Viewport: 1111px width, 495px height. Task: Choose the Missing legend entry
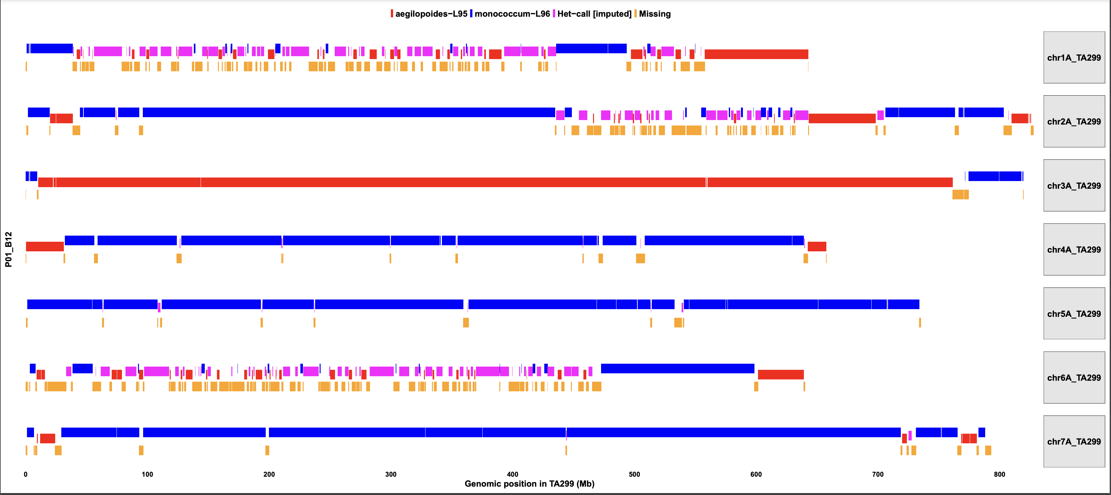point(654,14)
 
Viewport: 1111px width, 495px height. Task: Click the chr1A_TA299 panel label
point(1073,57)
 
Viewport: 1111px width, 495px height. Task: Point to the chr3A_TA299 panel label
point(1073,186)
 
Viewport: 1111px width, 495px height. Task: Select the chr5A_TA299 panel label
point(1073,313)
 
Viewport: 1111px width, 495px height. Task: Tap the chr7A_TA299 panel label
point(1073,441)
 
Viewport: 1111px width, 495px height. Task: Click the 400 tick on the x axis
point(512,474)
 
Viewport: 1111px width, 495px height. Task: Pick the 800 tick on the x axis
point(999,474)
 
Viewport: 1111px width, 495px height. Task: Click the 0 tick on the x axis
point(26,474)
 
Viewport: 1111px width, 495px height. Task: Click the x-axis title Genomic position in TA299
point(529,484)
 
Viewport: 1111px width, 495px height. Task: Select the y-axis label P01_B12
point(9,249)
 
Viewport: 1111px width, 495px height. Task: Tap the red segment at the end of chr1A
point(756,54)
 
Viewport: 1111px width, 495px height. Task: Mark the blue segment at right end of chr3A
point(995,176)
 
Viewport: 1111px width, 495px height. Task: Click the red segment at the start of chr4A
point(45,247)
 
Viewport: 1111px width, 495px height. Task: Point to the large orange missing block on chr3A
point(960,195)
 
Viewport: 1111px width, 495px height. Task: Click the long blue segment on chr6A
point(677,369)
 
